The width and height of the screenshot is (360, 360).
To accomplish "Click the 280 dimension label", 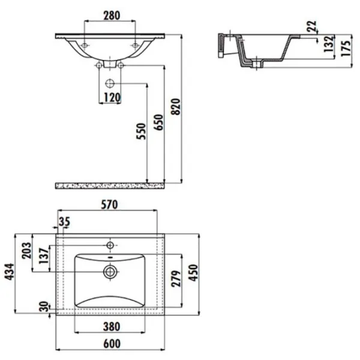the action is pos(112,16).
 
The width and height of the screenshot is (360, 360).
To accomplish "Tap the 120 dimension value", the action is pos(112,98).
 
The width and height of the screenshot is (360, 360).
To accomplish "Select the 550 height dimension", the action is pos(141,131).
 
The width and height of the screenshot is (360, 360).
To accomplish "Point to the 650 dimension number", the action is pos(158,122).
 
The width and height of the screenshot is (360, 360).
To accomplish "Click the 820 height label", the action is pos(176,107).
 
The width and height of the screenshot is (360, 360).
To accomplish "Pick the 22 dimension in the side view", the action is pos(312,26).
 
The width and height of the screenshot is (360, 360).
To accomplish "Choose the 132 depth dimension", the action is pos(328,44).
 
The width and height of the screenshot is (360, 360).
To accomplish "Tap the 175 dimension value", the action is pos(346,48).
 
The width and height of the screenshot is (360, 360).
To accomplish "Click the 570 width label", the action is pos(109,205).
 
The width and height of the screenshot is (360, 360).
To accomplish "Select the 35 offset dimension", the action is pos(64,222).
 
